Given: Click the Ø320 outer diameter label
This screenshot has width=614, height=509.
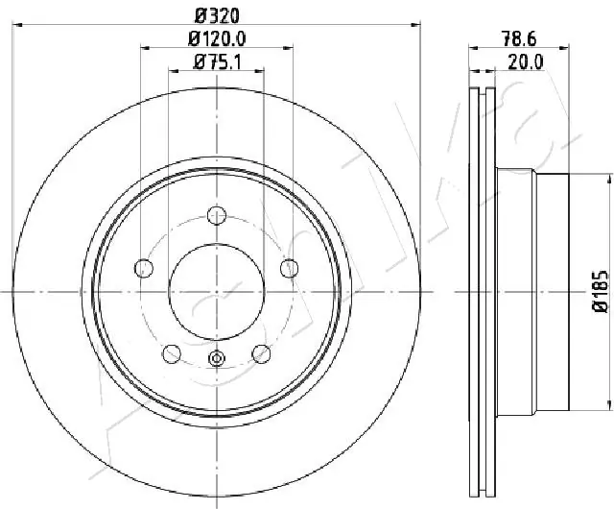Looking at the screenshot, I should point(217,14).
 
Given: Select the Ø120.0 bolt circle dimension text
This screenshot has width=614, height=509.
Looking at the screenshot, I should point(217,38).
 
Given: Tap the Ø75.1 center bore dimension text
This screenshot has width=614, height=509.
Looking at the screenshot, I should point(217,63).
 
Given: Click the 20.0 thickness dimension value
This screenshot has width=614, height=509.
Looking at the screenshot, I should point(527,63).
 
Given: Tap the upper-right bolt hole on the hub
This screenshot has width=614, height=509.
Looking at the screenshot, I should point(287,267).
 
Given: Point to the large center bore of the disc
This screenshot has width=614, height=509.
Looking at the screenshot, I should point(216,291).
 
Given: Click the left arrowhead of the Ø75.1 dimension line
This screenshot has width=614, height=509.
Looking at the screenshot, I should point(174,72).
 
